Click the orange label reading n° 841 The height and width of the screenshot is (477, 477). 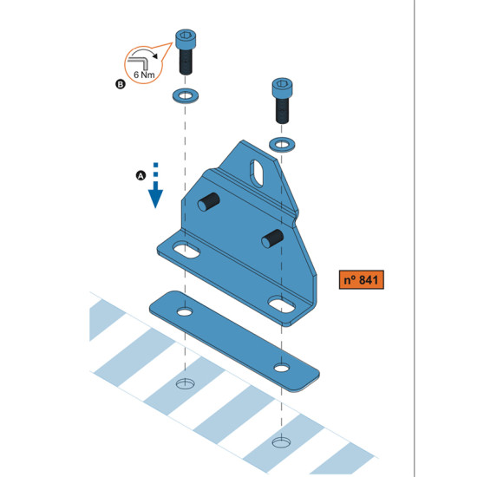pos(362,279)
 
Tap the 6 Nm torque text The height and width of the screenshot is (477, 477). pos(144,75)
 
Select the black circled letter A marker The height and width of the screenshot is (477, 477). pos(140,175)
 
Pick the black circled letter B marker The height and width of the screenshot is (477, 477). pos(121,84)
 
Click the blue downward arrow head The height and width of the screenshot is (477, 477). pos(155,198)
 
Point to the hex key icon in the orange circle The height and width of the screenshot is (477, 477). pos(138,63)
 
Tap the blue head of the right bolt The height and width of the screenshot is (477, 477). pos(283,88)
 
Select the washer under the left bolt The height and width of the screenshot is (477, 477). pos(186,95)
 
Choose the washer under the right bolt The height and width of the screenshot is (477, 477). pos(282,144)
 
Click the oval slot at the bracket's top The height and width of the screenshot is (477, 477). pos(257,173)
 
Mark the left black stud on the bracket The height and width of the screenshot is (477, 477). pos(209,202)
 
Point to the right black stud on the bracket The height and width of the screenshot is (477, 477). pos(272,238)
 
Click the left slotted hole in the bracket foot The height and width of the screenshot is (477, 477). pos(186,250)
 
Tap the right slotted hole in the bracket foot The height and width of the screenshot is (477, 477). pos(282,304)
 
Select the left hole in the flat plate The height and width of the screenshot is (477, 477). pos(185,312)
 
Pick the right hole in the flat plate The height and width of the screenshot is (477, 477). pos(282,368)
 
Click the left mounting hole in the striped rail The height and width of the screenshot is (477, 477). pos(186,383)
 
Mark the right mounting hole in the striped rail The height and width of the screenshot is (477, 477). pos(281,442)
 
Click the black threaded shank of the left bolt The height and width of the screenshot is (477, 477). pos(186,62)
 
